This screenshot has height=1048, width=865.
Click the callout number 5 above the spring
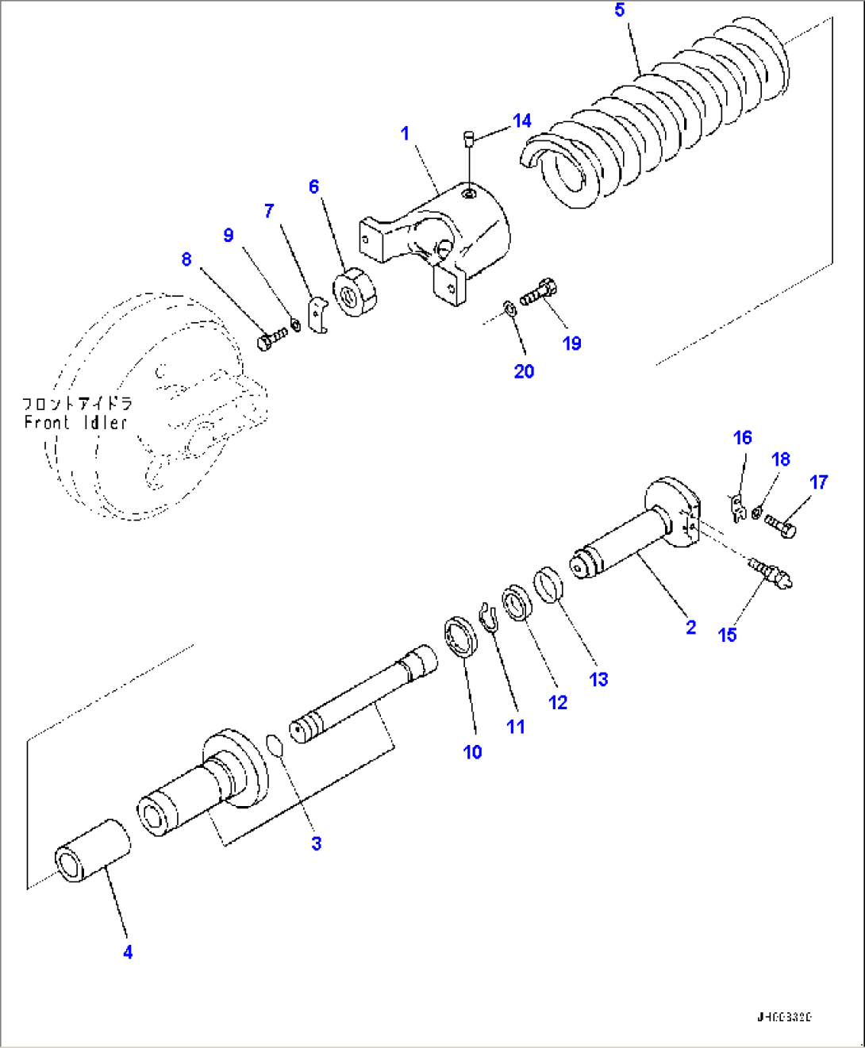(x=620, y=10)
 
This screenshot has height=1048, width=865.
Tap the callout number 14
(x=521, y=121)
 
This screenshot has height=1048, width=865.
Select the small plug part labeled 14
(x=468, y=139)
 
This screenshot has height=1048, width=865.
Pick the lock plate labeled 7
(x=317, y=315)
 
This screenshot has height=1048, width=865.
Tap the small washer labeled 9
(x=295, y=324)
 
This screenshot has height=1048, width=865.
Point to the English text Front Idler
(x=75, y=423)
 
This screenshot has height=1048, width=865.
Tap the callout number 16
(x=742, y=437)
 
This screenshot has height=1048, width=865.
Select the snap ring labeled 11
(x=488, y=617)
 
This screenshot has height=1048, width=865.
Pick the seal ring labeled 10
(x=461, y=635)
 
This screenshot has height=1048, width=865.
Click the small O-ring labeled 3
(x=275, y=746)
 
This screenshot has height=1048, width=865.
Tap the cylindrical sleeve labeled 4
(x=92, y=851)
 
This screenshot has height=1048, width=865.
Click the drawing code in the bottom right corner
(x=783, y=1017)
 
